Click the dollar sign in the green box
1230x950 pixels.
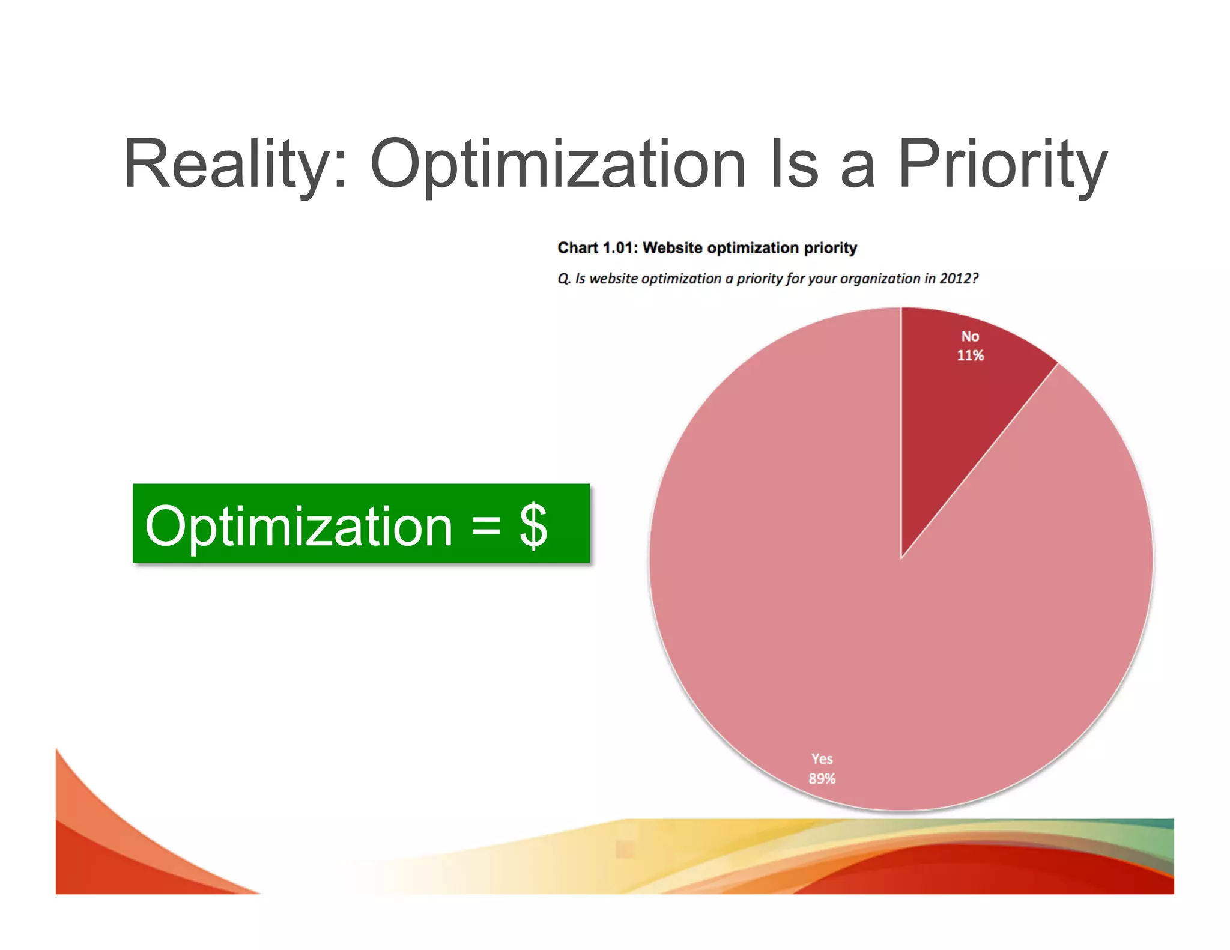pos(533,526)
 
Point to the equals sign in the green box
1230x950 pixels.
pos(486,526)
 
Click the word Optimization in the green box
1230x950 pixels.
pos(298,526)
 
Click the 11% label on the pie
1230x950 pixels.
pos(970,355)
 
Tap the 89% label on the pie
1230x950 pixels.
pos(822,779)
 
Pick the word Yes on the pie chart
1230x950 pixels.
pos(822,759)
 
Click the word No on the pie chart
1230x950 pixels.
pos(970,336)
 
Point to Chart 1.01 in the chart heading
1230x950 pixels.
pos(595,248)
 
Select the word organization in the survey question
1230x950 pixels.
pos(880,279)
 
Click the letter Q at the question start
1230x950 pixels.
pos(563,279)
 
